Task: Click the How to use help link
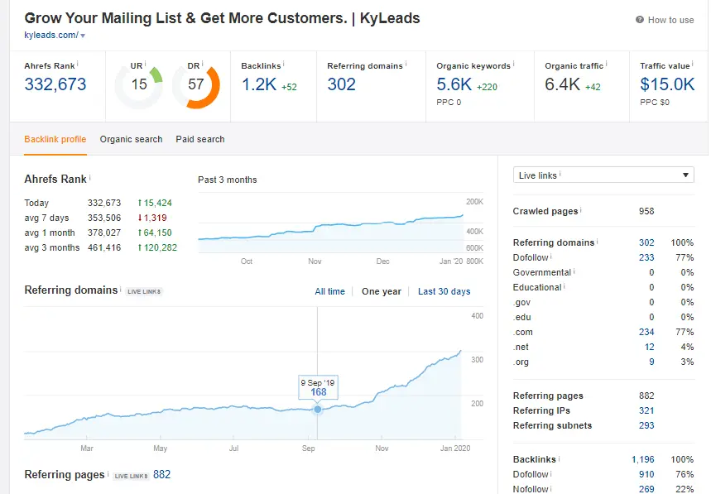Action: pyautogui.click(x=665, y=20)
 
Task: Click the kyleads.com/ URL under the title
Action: pyautogui.click(x=51, y=35)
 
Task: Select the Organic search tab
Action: pyautogui.click(x=131, y=139)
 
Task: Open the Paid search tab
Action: pyautogui.click(x=199, y=139)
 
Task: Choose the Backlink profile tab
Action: pyautogui.click(x=55, y=139)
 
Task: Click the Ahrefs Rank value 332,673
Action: pyautogui.click(x=55, y=84)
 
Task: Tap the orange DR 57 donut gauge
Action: pyautogui.click(x=196, y=85)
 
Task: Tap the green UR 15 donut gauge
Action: pyautogui.click(x=138, y=85)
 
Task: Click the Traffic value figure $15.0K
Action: pyautogui.click(x=667, y=84)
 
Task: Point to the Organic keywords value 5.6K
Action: pyautogui.click(x=454, y=84)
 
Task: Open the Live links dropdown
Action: pyautogui.click(x=603, y=175)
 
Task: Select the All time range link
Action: pyautogui.click(x=329, y=291)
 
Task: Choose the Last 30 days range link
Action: pyautogui.click(x=444, y=291)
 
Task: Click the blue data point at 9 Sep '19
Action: pyautogui.click(x=318, y=410)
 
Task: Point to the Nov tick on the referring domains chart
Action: pyautogui.click(x=382, y=448)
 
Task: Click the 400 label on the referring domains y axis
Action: pyautogui.click(x=477, y=316)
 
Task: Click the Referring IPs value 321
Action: pyautogui.click(x=646, y=410)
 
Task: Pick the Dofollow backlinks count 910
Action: pyautogui.click(x=646, y=474)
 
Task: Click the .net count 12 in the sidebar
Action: pyautogui.click(x=649, y=347)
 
